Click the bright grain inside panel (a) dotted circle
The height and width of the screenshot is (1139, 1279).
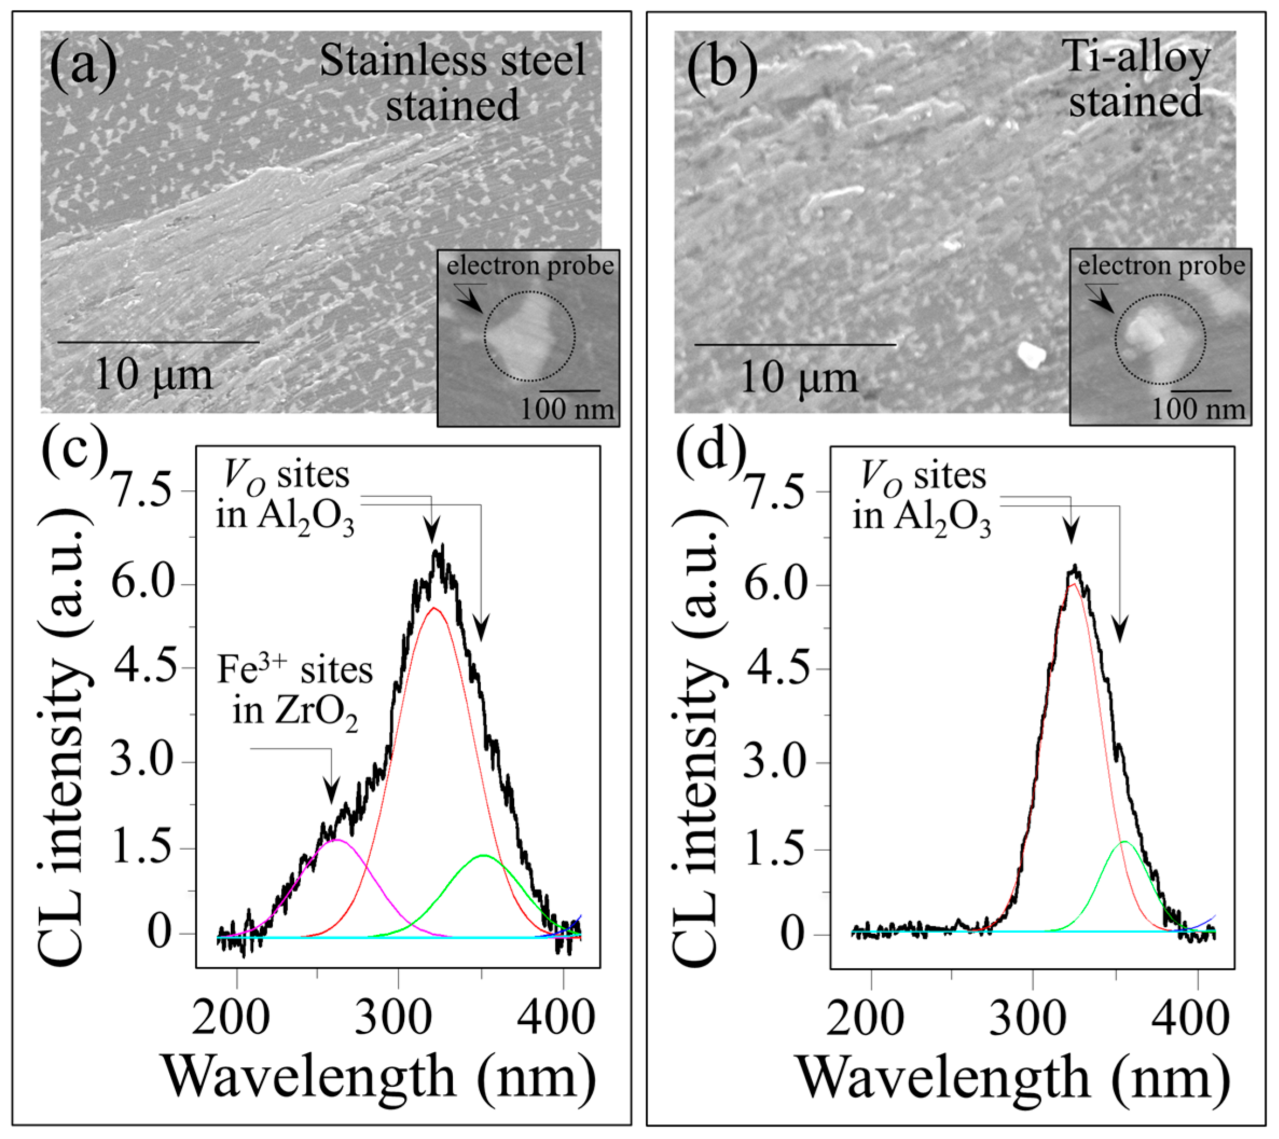tap(520, 336)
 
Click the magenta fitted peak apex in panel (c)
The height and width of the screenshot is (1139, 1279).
tap(337, 840)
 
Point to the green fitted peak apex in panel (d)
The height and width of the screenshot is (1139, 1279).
tap(1124, 842)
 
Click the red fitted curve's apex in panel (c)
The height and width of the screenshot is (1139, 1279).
tap(434, 608)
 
